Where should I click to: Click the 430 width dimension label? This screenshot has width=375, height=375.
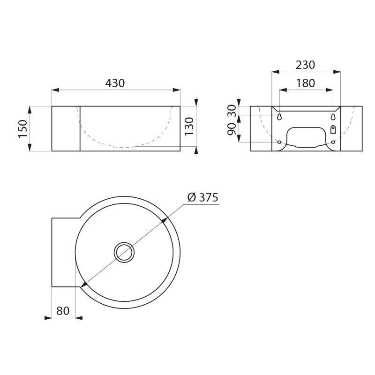tap(115, 83)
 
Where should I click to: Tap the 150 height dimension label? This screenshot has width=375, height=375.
tap(23, 128)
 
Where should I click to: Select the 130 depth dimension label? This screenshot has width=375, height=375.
tap(189, 126)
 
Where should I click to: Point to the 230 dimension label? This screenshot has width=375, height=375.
tap(305, 65)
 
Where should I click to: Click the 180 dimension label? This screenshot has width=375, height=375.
tap(306, 83)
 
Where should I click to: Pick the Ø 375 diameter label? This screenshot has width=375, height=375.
tap(203, 197)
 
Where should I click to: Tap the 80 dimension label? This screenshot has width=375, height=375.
tap(63, 311)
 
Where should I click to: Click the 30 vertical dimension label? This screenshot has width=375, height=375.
tap(232, 111)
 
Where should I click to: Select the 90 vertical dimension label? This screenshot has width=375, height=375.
tap(232, 130)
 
